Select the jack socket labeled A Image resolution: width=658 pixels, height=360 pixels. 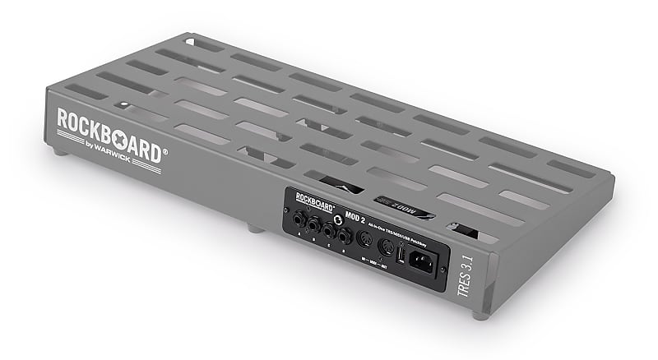click(x=297, y=221)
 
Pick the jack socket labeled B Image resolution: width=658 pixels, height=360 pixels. click(x=313, y=225)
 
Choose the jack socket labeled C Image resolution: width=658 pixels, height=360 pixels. click(x=329, y=230)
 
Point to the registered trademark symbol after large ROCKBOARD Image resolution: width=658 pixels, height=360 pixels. click(x=164, y=151)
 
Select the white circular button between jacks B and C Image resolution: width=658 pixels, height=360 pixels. click(x=337, y=219)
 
